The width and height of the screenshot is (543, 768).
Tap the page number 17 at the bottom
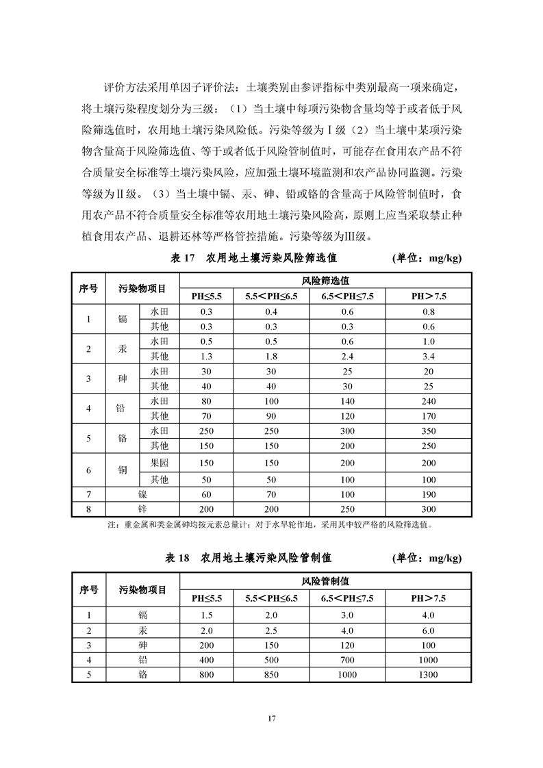tap(271, 718)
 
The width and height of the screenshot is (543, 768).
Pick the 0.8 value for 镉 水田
tap(429, 311)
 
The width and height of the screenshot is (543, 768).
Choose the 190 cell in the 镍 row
tap(429, 494)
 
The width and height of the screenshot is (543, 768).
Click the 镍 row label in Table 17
tap(142, 494)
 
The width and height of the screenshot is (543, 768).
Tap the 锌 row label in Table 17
tap(142, 509)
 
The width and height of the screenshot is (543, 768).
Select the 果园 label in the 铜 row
tap(159, 463)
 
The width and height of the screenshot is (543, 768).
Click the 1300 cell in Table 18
tap(429, 674)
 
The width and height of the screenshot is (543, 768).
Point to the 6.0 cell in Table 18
tap(429, 630)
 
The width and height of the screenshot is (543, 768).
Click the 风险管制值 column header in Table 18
tap(325, 582)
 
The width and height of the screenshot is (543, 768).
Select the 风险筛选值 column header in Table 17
tap(325, 281)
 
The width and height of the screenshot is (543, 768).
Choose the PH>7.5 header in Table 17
tap(429, 296)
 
